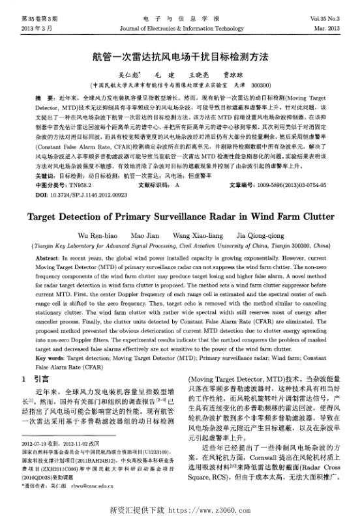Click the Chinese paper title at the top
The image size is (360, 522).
pyautogui.click(x=179, y=57)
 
